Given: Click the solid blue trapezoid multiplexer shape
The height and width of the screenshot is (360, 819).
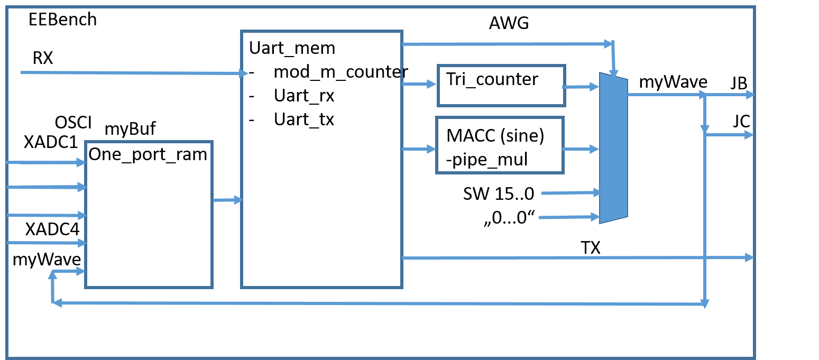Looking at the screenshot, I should coord(613,148).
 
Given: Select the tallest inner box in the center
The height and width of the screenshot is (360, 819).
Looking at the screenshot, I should coord(321,159).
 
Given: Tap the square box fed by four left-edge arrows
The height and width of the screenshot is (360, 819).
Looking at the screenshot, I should coord(149,214).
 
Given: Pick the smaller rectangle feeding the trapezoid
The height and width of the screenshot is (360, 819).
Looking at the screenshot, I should coord(501,86).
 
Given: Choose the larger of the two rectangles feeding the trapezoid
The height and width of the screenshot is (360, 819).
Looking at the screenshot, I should coord(500,145).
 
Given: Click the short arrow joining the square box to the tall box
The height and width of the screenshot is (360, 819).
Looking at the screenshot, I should coord(227,200).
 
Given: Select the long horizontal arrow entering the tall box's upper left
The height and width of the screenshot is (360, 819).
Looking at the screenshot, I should coord(132,73).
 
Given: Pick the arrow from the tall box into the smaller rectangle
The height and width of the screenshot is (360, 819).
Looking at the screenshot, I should coord(419,84).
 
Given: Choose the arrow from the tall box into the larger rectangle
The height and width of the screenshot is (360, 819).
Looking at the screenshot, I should coord(419,150).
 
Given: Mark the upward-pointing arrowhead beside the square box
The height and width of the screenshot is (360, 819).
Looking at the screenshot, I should coord(52,274).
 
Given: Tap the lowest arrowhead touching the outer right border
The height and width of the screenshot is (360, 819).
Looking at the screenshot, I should coord(750,257).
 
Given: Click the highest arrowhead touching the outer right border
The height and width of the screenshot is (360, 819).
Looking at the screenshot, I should coord(750,95).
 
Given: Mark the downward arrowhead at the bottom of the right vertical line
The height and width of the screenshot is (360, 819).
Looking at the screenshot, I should coord(705,304).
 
